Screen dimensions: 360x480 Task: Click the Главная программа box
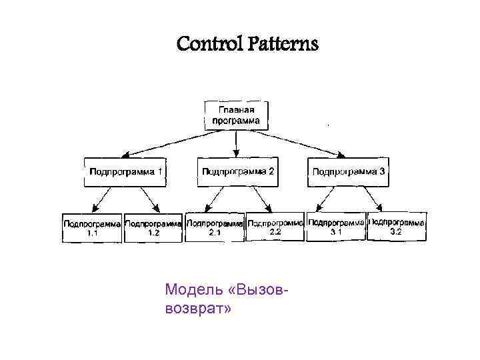coord(236,115)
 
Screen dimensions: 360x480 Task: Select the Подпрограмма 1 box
coord(124,172)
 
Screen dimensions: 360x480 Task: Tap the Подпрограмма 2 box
coord(237,172)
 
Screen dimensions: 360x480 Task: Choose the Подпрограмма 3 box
coord(349,172)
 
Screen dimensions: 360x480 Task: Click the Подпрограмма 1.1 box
coord(92,227)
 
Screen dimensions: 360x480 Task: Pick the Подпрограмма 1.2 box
coord(153,227)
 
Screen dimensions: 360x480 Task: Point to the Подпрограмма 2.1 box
coord(215,227)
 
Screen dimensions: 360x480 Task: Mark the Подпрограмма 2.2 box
coord(275,227)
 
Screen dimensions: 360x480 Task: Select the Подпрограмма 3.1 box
coord(336,227)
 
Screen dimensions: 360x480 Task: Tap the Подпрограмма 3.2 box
coord(396,227)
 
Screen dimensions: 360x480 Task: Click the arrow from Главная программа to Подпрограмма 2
coord(236,143)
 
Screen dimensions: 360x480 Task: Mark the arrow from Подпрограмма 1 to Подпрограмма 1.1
coord(103,199)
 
